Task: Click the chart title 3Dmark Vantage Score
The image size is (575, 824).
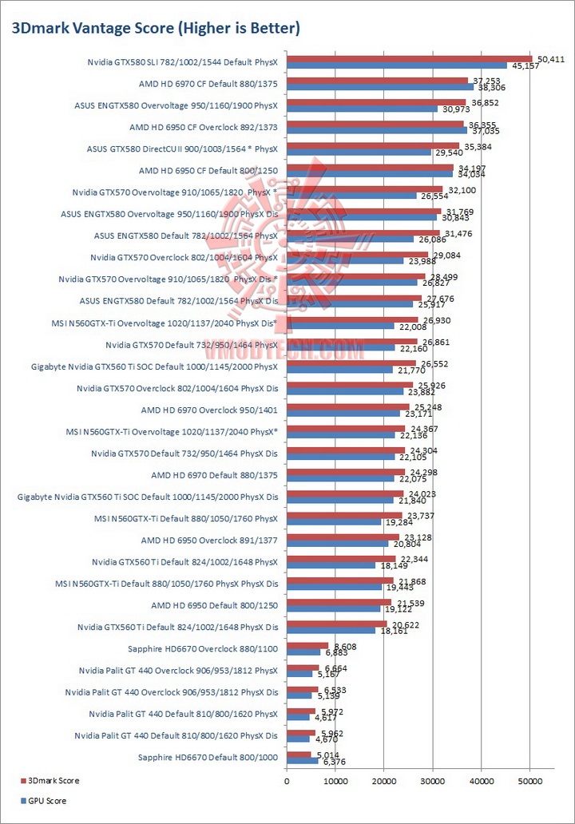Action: [155, 29]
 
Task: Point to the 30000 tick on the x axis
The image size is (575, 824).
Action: [432, 780]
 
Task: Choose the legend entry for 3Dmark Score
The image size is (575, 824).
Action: [53, 780]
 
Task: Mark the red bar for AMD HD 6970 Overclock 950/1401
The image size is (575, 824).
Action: [348, 406]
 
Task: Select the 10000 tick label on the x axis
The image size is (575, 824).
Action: [335, 780]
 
